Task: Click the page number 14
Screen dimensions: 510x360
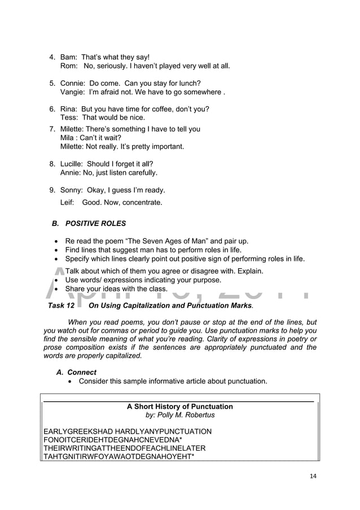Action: tap(313, 476)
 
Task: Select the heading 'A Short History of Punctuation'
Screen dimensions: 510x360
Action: tap(179, 407)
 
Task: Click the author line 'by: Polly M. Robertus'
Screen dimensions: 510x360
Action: tap(180, 415)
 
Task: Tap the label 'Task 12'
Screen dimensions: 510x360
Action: tap(58, 306)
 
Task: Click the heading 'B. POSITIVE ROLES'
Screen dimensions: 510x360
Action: tap(89, 224)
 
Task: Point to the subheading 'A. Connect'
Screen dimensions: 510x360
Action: tap(76, 372)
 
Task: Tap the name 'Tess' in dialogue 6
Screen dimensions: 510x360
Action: tap(69, 117)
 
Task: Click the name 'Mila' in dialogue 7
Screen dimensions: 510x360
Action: tap(68, 138)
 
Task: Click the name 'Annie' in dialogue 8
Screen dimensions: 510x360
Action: tap(71, 173)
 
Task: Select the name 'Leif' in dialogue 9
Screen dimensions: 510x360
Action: tap(67, 202)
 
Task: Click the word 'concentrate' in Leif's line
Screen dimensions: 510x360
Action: tap(140, 202)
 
